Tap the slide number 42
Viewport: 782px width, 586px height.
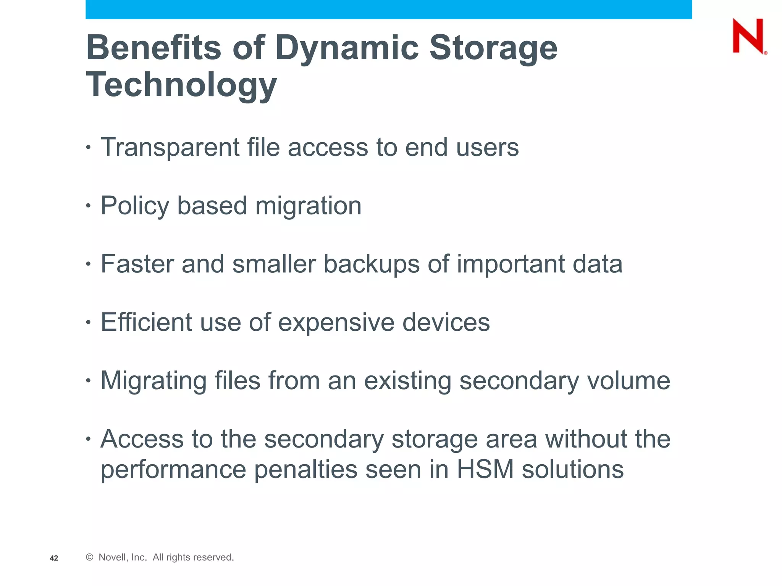(x=54, y=558)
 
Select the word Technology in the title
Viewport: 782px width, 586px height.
(x=181, y=85)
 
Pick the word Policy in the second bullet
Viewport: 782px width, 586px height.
(x=134, y=206)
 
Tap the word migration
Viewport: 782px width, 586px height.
(x=308, y=206)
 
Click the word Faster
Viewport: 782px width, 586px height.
(x=137, y=264)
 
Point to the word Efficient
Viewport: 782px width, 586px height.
(x=146, y=322)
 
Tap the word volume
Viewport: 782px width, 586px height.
(x=629, y=381)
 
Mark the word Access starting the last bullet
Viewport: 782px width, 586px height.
(x=142, y=439)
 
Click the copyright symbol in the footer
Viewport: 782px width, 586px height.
(x=90, y=557)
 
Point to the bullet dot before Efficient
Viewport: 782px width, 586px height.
(x=88, y=323)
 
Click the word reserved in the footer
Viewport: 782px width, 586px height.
(x=214, y=557)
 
